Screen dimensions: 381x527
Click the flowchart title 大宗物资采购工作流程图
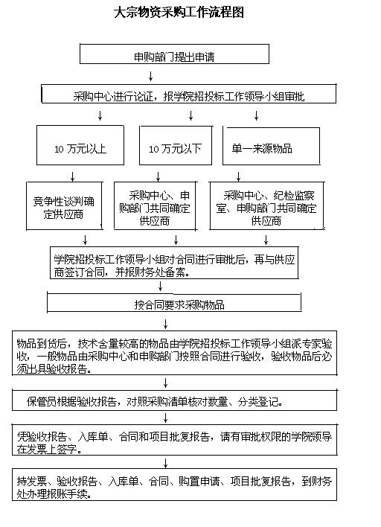point(179,13)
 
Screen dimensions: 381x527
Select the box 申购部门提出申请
point(174,54)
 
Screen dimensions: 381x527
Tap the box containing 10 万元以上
point(80,145)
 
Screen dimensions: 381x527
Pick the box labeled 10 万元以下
point(176,146)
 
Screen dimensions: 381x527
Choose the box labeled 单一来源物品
point(271,146)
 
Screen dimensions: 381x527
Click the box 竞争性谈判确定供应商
point(64,205)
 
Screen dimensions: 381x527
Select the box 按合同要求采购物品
point(174,302)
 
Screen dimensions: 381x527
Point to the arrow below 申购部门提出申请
point(151,76)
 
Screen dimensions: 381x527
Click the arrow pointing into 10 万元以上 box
point(100,115)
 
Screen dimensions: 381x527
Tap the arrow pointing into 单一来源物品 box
point(256,115)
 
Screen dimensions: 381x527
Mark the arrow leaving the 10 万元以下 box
point(159,177)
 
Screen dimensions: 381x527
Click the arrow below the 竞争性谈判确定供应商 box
point(86,240)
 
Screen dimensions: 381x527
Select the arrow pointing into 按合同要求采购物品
point(160,287)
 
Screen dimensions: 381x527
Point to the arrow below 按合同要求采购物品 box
point(166,324)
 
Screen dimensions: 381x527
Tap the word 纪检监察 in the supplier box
point(294,195)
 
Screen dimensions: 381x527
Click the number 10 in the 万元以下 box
point(154,149)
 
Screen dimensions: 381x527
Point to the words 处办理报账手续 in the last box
point(52,494)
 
